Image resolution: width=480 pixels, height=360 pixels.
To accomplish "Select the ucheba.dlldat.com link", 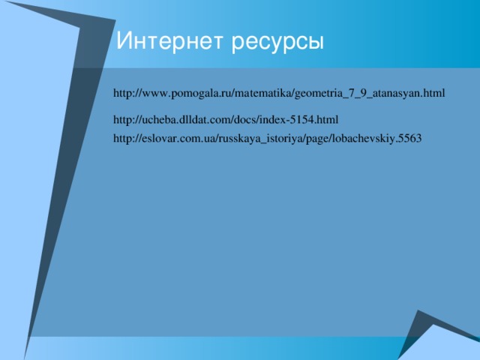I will pyautogui.click(x=226, y=119).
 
